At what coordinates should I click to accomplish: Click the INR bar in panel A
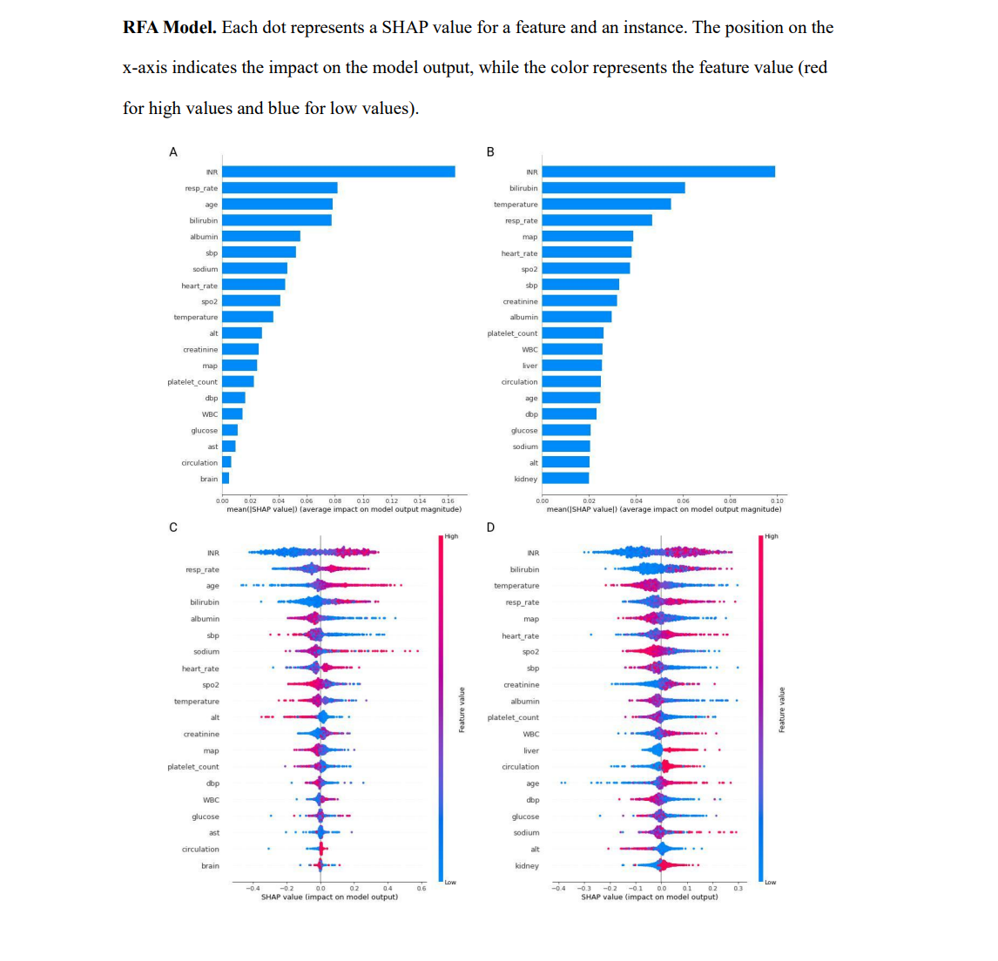pos(338,171)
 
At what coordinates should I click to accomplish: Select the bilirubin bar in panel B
pos(613,188)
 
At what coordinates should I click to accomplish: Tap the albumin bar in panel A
pos(261,236)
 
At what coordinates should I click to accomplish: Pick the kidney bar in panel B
pos(565,478)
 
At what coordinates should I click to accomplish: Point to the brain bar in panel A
pos(226,478)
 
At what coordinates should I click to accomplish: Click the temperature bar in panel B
pos(606,204)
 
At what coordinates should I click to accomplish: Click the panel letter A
pos(172,152)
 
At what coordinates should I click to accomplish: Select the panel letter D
pos(490,528)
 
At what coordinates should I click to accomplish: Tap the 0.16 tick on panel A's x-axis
pos(448,501)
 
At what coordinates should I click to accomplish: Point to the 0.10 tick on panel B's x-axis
pos(777,501)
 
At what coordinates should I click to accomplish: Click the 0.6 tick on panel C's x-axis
pos(421,888)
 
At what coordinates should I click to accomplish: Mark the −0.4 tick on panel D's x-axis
pos(559,888)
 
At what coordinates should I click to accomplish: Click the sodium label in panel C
pos(206,651)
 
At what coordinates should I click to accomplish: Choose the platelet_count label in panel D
pos(513,717)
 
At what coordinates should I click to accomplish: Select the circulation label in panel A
pos(199,462)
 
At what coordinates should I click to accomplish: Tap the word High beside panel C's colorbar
pos(451,536)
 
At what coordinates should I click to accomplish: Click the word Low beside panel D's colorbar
pos(770,883)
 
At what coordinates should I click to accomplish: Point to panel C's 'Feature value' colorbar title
pos(462,709)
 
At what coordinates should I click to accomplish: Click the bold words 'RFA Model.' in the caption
pos(170,28)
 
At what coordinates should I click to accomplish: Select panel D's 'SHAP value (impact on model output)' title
pos(650,897)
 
